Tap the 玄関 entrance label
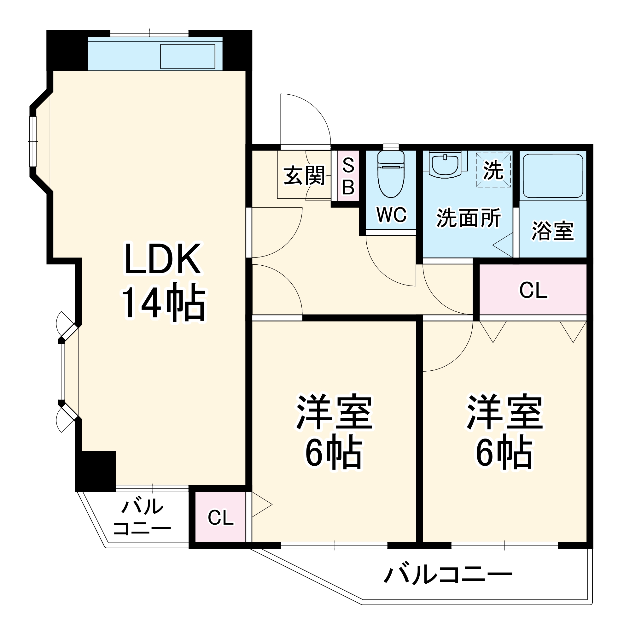tap(304, 176)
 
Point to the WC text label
tap(391, 215)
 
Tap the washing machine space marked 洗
tap(493, 170)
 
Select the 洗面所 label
tap(468, 218)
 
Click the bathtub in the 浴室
tap(553, 176)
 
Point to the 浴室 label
tap(552, 231)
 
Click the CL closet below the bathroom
tap(533, 290)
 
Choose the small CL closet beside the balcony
tap(221, 518)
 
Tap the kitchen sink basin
tap(188, 56)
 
